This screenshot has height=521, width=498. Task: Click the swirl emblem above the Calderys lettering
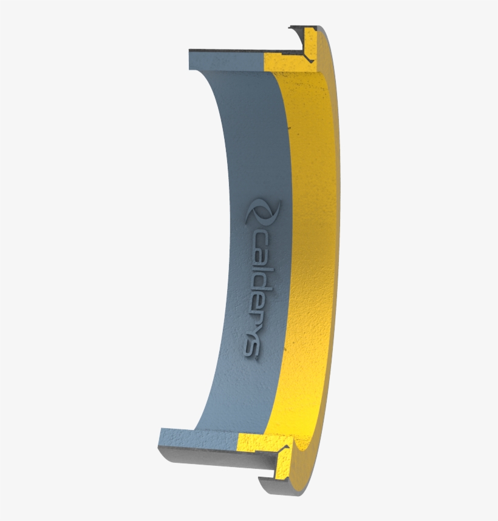tap(263, 212)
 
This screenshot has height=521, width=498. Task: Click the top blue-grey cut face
tap(226, 61)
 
